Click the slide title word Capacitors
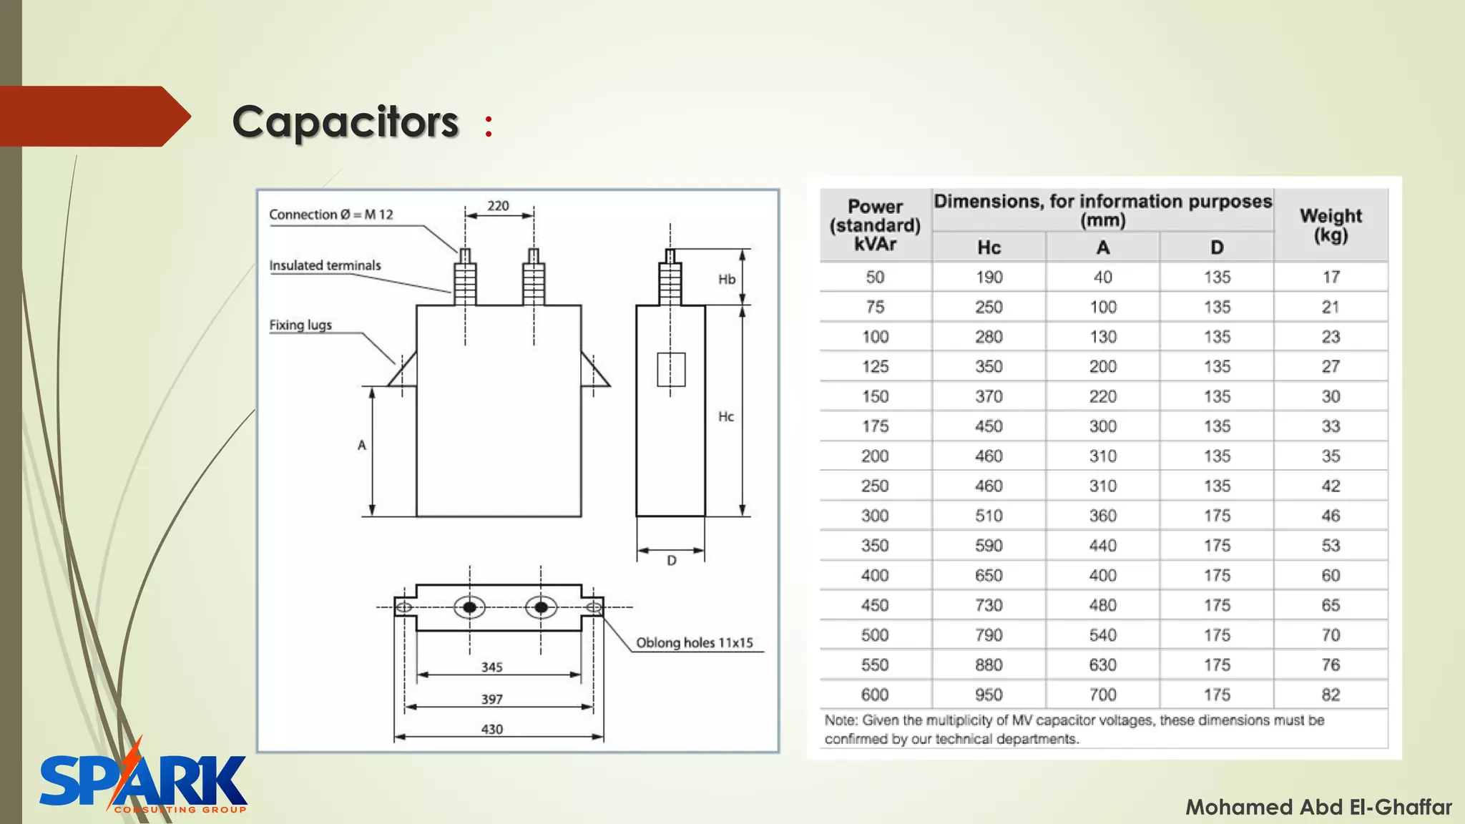click(345, 122)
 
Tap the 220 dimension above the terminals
click(498, 206)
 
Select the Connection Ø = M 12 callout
click(331, 215)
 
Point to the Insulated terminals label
click(325, 265)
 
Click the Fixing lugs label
click(300, 325)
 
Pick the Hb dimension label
click(727, 279)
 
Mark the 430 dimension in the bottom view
click(491, 729)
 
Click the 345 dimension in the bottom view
click(491, 667)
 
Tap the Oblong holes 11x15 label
click(694, 642)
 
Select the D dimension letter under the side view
click(671, 561)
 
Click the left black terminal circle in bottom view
click(470, 607)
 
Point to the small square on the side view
click(671, 369)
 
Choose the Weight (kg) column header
click(1331, 225)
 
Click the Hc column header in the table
click(989, 247)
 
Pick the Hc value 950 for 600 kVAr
click(989, 695)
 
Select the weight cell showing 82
click(1331, 695)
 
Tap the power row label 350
click(875, 546)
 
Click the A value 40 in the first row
click(1102, 278)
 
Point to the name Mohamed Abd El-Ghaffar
click(1318, 808)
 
